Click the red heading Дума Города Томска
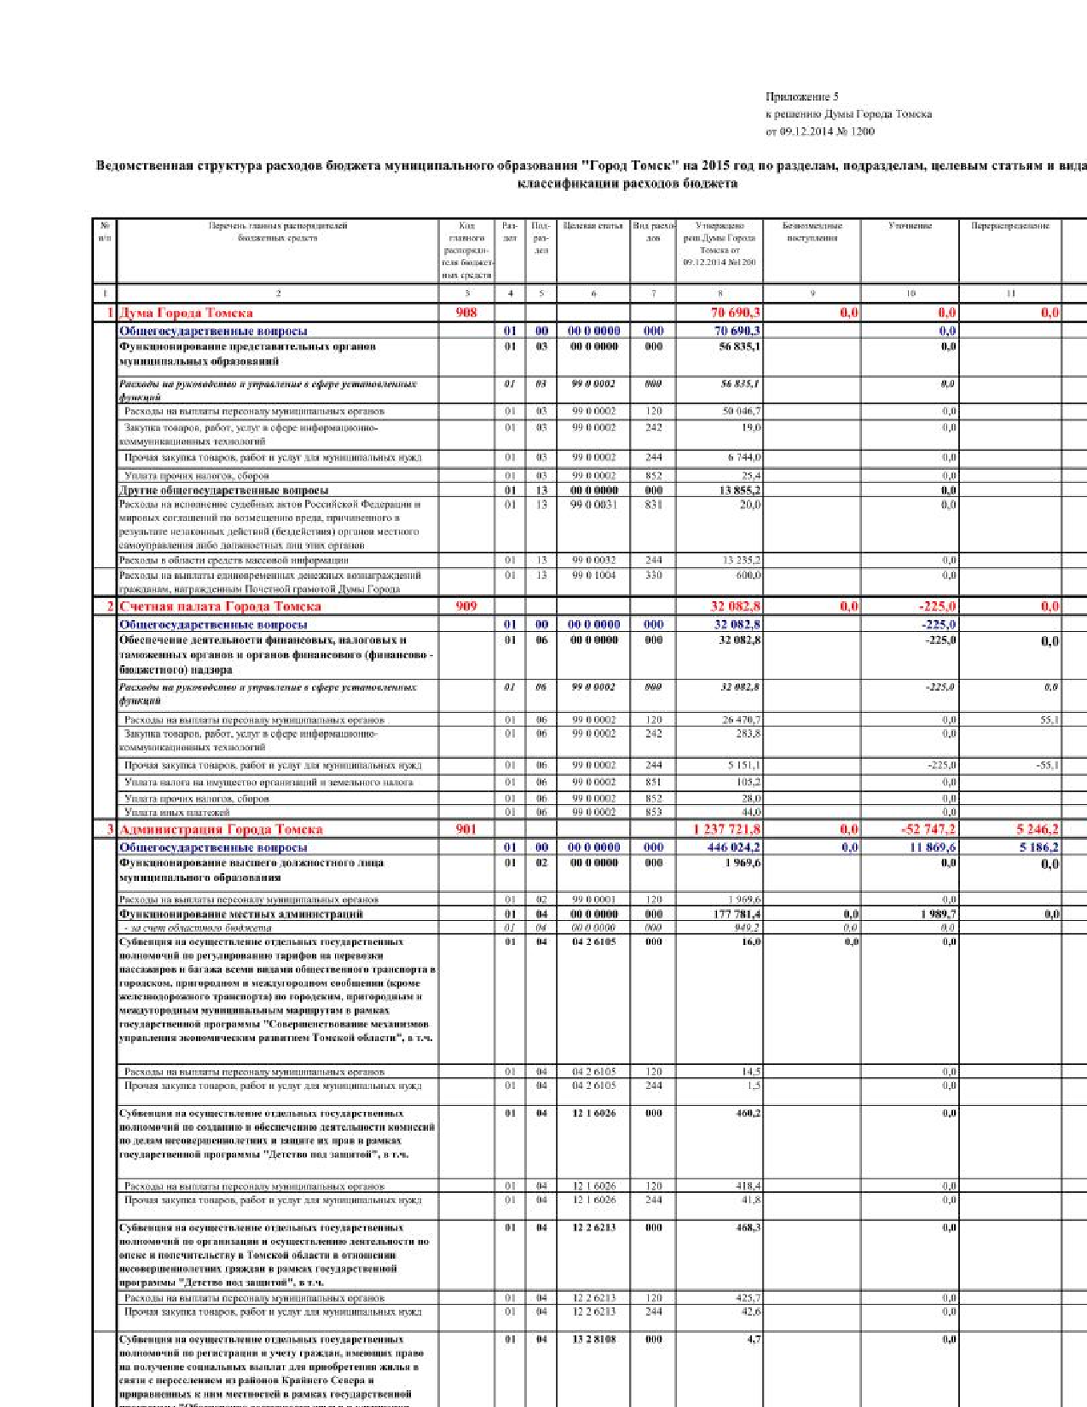point(186,313)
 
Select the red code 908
point(466,312)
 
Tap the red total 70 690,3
point(736,313)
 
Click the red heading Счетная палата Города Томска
point(220,606)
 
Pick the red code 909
point(466,606)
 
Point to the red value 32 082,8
point(736,606)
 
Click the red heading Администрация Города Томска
point(221,829)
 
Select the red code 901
point(466,829)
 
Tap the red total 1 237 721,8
point(726,829)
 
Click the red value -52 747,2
point(928,829)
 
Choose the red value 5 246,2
point(1038,829)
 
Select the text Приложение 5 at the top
point(801,97)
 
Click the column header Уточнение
point(910,226)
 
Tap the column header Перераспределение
point(1010,226)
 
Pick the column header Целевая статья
point(593,226)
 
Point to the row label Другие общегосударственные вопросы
point(223,490)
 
